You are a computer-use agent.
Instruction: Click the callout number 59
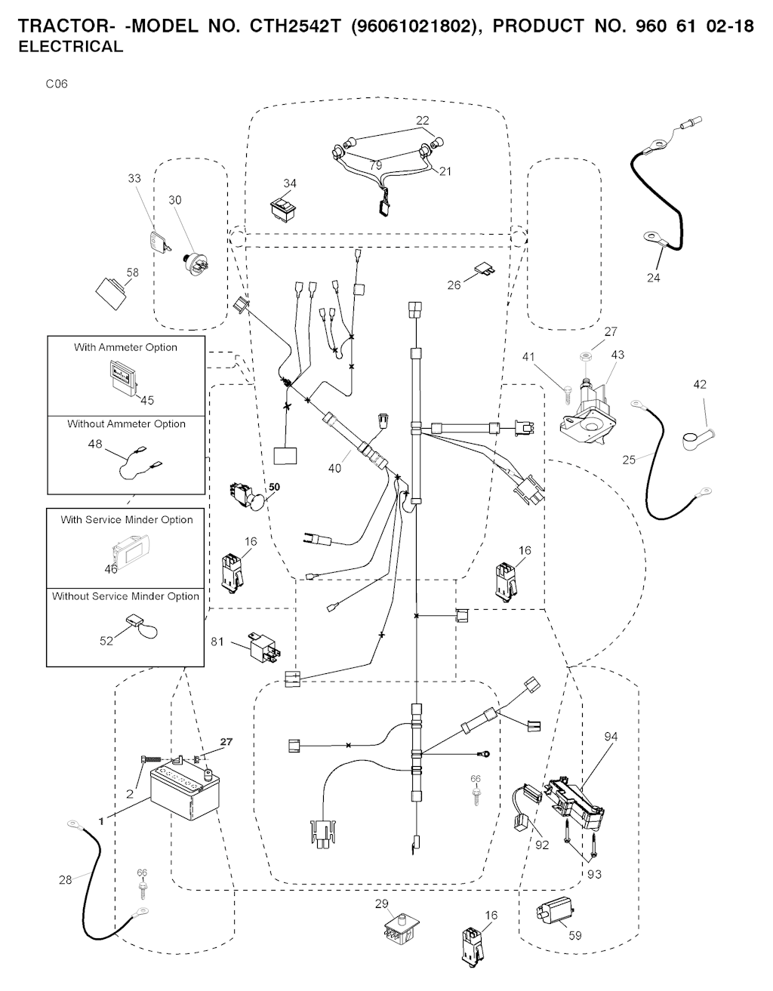click(x=575, y=936)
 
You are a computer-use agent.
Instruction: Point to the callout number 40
click(x=334, y=468)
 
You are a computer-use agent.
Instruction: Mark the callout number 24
click(x=653, y=278)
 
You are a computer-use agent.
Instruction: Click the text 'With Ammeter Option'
click(x=125, y=347)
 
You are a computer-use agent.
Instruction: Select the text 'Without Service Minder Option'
click(x=125, y=596)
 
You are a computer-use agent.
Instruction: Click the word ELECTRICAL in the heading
click(x=69, y=46)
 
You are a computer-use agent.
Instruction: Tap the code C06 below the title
click(x=57, y=84)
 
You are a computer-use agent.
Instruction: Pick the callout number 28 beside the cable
click(x=66, y=879)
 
